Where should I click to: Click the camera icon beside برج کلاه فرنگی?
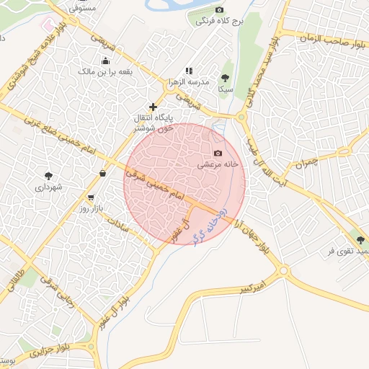[220, 10]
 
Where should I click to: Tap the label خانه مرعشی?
[218, 165]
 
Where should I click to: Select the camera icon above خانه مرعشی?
[218, 154]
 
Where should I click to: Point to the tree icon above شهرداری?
[49, 175]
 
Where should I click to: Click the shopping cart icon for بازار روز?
[90, 197]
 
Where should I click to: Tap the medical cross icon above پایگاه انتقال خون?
[153, 107]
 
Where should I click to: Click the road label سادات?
[137, 228]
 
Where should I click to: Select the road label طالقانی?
[16, 282]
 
